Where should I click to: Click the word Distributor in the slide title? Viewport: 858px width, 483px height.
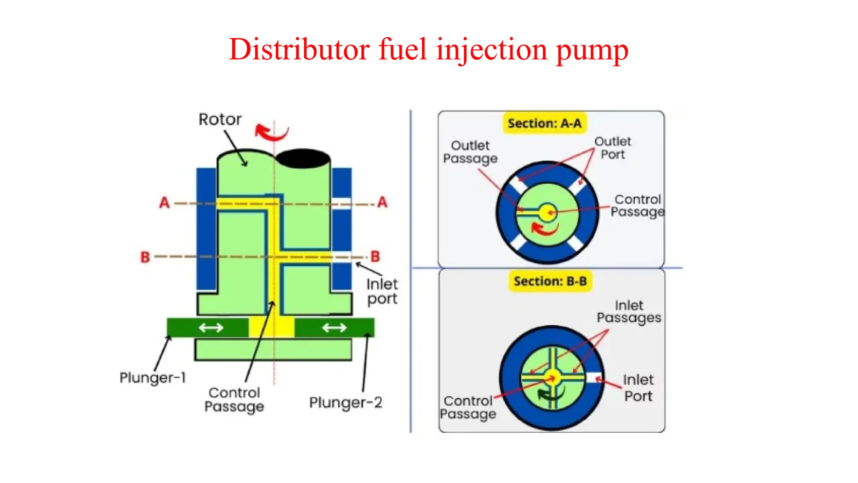[x=299, y=49]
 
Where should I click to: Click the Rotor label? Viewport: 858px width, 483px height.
[x=220, y=119]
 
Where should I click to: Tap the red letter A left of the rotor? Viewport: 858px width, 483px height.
[x=164, y=203]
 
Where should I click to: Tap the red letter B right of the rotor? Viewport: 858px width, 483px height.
[x=375, y=256]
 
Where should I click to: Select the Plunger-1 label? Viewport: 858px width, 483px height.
[x=152, y=377]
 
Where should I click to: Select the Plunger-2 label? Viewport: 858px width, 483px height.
[x=346, y=402]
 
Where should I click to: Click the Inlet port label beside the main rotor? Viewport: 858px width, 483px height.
[x=382, y=291]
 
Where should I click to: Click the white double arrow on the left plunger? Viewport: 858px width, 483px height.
[x=211, y=327]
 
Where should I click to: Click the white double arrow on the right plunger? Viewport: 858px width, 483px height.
[x=334, y=327]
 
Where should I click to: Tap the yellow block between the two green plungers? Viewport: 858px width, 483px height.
[x=271, y=327]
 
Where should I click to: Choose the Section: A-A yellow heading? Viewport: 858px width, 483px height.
[x=544, y=123]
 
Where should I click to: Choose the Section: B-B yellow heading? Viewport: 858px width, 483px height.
[x=550, y=281]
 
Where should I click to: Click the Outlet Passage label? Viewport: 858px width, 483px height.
[x=470, y=152]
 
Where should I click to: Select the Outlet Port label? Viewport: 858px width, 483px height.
[x=612, y=148]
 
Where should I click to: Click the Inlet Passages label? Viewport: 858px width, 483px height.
[x=629, y=312]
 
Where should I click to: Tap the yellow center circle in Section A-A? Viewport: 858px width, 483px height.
[x=547, y=213]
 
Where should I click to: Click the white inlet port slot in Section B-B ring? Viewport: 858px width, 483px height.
[x=593, y=378]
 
